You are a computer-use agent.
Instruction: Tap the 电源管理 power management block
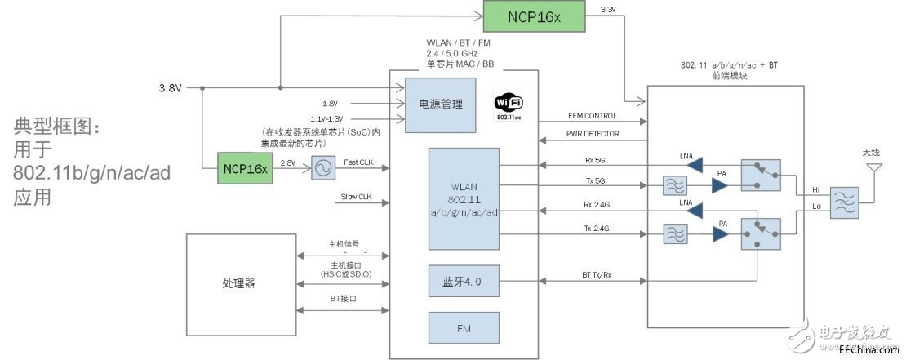tap(440, 104)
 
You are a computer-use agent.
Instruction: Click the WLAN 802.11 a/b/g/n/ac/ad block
tap(463, 199)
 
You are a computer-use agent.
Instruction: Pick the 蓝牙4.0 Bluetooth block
tap(463, 281)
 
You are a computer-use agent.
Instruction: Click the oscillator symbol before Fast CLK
tap(323, 169)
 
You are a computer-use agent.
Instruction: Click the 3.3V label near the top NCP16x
tap(608, 10)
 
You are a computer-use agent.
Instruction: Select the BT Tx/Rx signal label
tap(592, 276)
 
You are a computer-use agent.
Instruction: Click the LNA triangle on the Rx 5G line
tap(694, 165)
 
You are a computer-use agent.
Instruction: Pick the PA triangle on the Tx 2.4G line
tap(719, 235)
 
